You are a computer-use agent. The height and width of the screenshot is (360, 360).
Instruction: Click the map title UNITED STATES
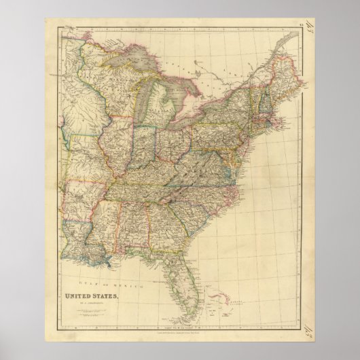tap(95, 276)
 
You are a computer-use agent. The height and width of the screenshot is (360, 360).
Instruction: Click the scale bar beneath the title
tap(94, 293)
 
